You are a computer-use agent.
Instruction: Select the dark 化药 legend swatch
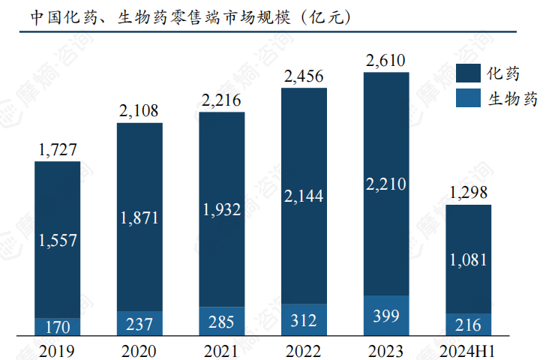pos(468,73)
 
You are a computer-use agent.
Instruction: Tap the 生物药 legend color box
pos(468,98)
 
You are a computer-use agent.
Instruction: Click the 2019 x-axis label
pos(56,349)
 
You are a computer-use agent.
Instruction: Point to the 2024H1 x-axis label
pos(469,349)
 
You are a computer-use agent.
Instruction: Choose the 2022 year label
pos(304,349)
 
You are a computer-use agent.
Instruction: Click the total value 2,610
pos(386,60)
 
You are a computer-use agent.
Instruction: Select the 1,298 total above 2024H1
pos(469,193)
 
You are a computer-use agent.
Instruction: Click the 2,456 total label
pos(304,76)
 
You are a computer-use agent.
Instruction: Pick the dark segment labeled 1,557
pos(57,240)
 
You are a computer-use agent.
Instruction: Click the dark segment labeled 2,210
pos(386,184)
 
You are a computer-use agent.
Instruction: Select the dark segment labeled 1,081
pos(469,259)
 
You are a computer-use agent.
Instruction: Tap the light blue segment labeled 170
pos(57,327)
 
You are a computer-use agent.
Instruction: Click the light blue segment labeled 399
pos(386,315)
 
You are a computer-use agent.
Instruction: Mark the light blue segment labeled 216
pos(469,325)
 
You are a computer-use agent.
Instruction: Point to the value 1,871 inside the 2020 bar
pos(139,217)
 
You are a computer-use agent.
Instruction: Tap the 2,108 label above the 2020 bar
pos(139,111)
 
